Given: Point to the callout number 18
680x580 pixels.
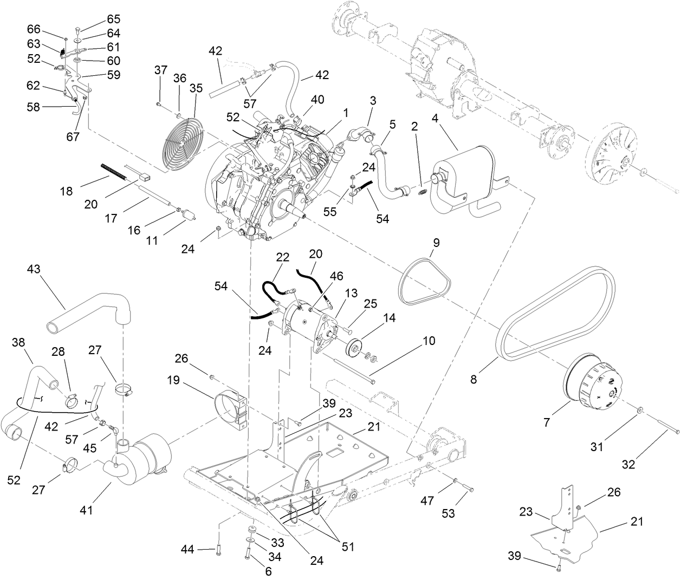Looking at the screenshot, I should (66, 191).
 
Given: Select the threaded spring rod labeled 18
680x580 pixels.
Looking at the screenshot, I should (113, 171).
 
